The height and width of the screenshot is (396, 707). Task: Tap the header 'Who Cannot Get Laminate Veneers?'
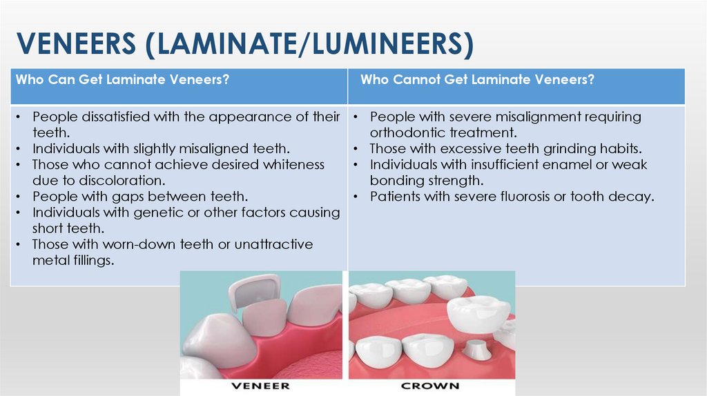[477, 80]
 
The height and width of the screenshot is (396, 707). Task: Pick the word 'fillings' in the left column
[89, 260]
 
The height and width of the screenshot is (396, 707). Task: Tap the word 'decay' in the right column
[631, 197]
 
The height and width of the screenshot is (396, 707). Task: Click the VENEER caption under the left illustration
[261, 386]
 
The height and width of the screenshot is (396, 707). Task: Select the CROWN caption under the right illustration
[430, 386]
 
